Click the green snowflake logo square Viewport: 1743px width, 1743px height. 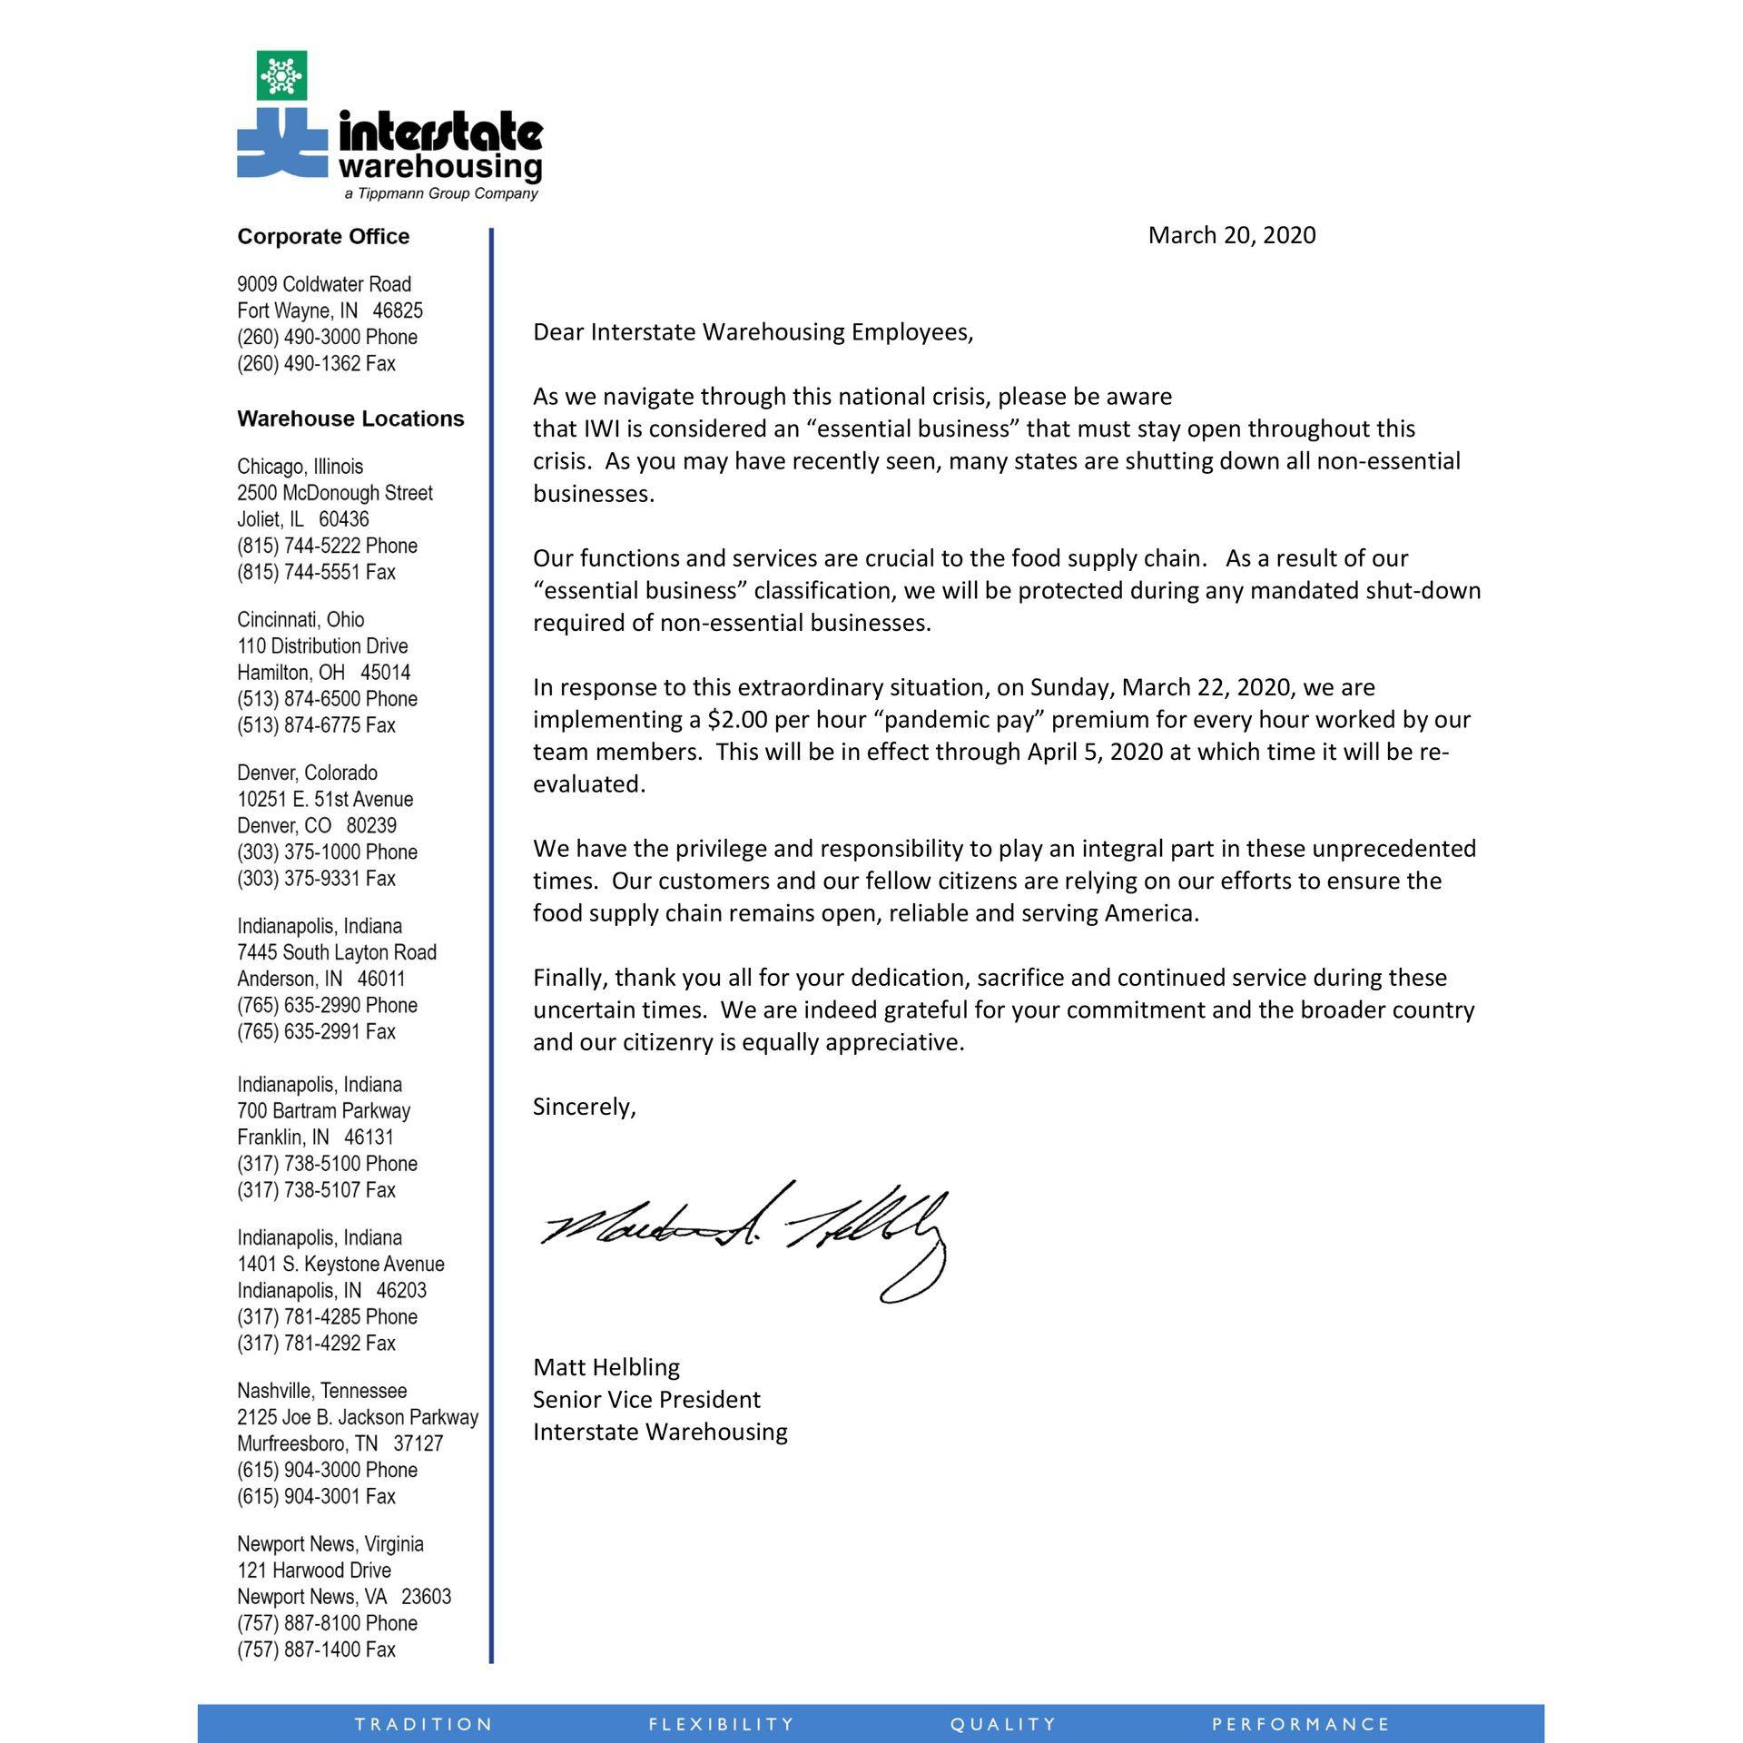click(281, 74)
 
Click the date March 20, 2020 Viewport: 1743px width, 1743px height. click(1231, 235)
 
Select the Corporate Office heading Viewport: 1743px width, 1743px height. click(323, 237)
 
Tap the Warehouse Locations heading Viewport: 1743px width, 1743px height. click(350, 419)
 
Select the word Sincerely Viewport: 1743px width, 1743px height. click(584, 1107)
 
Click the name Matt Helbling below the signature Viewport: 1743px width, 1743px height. click(606, 1367)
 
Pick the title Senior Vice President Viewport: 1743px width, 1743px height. click(646, 1400)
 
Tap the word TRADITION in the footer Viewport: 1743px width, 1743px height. click(424, 1724)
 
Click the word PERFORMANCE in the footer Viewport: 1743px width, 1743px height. click(1301, 1724)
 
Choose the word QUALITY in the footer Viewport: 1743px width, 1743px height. click(1003, 1724)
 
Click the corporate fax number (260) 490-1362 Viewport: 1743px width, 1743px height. click(316, 364)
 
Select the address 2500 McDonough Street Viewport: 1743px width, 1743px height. click(335, 493)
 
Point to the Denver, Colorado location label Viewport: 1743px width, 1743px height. click(307, 773)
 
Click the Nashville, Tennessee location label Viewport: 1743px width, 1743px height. click(321, 1391)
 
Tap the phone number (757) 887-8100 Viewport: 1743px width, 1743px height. click(327, 1623)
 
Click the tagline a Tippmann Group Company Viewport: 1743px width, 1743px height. click(441, 194)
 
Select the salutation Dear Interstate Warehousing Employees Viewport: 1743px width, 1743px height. click(753, 332)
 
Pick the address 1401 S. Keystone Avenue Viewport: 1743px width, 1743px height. click(340, 1264)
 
